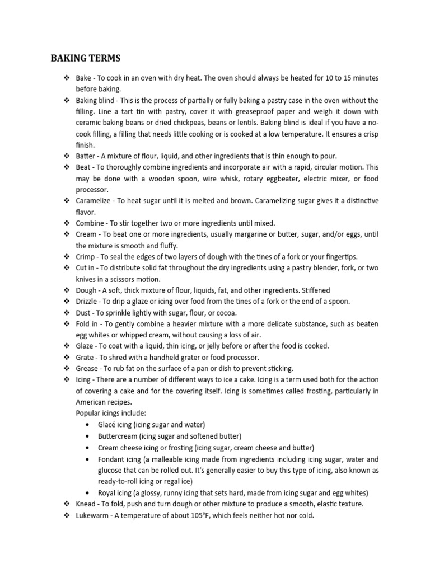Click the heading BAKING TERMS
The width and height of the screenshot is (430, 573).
tap(86, 58)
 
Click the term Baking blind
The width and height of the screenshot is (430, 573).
tap(94, 101)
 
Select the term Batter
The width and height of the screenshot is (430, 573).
tap(86, 156)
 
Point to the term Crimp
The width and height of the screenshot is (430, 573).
tap(85, 257)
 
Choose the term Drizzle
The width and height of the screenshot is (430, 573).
tap(87, 302)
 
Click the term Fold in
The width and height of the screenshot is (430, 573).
tap(87, 324)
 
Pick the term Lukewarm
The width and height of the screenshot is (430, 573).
tap(93, 515)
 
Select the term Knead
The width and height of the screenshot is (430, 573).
tap(86, 504)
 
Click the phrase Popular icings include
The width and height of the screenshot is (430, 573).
tap(111, 413)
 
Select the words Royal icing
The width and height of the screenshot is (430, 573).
tap(115, 493)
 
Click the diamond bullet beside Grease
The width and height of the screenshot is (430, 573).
tap(67, 368)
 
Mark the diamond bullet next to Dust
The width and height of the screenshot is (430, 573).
tap(67, 313)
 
